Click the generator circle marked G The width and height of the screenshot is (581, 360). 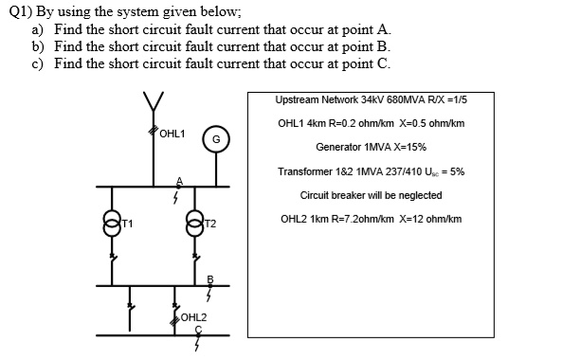(x=216, y=140)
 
